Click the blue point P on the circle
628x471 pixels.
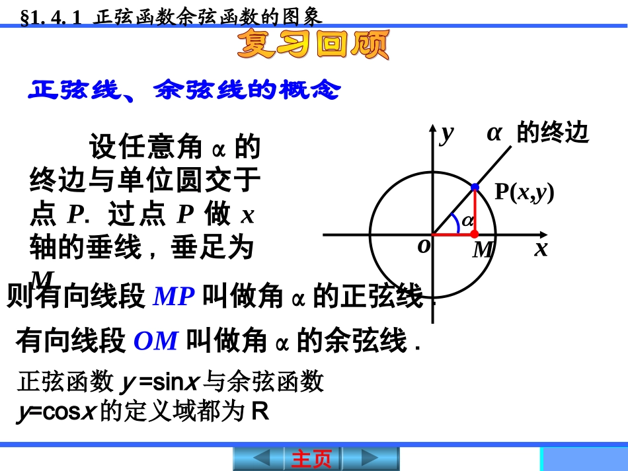[475, 188]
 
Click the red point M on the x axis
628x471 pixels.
[475, 235]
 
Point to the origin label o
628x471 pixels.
[424, 246]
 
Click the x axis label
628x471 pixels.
[541, 249]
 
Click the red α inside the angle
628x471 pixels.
[467, 220]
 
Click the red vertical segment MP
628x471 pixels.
[475, 211]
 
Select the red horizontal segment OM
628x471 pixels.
[453, 235]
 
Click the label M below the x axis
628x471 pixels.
[483, 250]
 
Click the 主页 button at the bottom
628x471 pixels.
[311, 458]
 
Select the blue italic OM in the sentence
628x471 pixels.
[156, 342]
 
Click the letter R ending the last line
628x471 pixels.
[260, 412]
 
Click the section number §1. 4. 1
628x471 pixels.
[52, 17]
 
